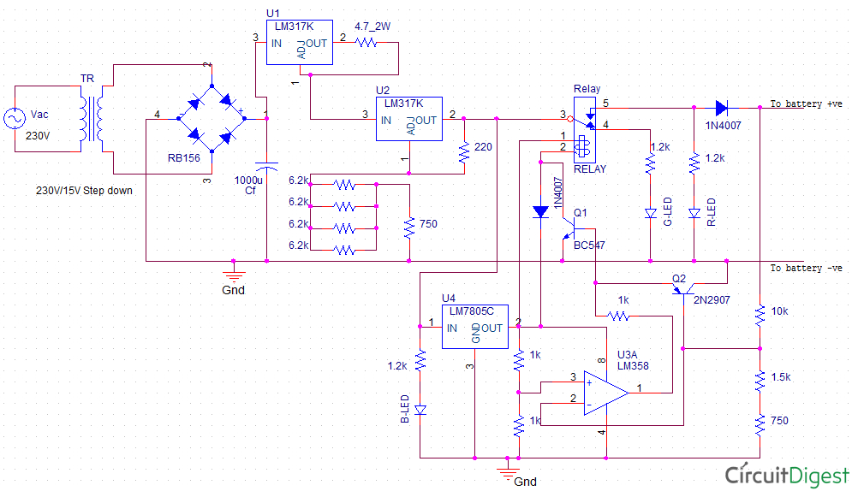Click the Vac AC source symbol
15,119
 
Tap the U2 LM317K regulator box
408,119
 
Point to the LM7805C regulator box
474,328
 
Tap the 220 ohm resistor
464,152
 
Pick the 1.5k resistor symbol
760,379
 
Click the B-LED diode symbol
420,411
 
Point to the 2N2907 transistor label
711,299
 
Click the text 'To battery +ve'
806,104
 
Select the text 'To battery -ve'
806,268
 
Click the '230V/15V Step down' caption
84,190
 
